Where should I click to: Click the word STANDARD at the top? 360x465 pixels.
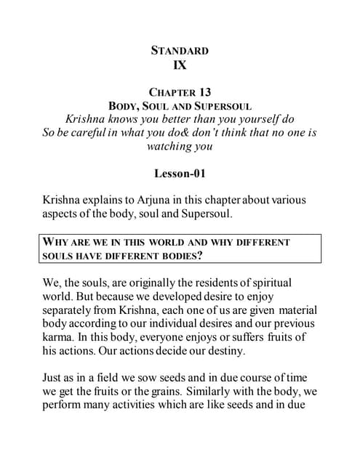[x=180, y=50]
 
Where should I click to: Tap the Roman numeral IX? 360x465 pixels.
[x=180, y=65]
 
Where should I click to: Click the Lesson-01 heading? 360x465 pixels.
[x=180, y=174]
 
